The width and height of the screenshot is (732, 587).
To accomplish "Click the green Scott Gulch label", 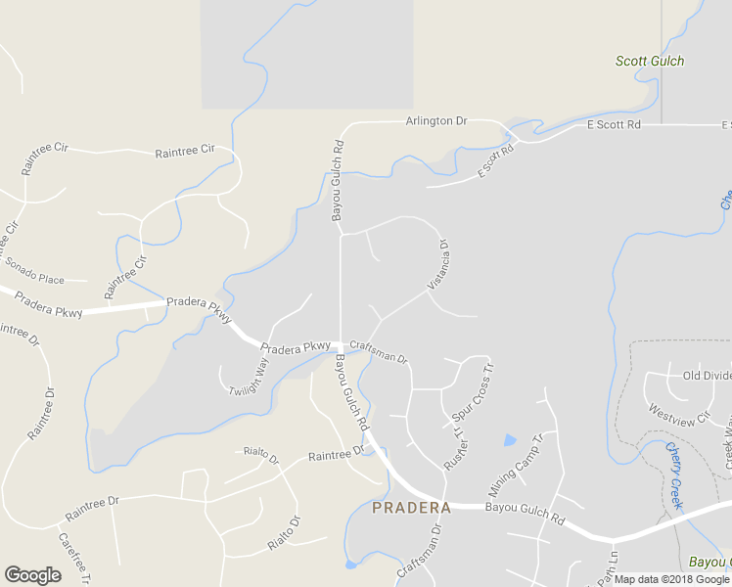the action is (x=649, y=61).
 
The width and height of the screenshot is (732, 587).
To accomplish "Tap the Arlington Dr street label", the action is (x=436, y=121).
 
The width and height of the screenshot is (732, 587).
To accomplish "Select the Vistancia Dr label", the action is (x=437, y=264).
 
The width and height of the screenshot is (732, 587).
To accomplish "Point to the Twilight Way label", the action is (x=249, y=377).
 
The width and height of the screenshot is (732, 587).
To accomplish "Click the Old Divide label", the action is (x=707, y=376).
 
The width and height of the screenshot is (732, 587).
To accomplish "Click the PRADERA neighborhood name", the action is (x=411, y=508).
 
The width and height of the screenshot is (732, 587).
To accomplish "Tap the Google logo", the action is (x=32, y=575).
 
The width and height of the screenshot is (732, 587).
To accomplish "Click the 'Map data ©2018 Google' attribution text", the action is (x=671, y=579).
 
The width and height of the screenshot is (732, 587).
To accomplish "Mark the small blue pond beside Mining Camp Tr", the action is (x=509, y=440).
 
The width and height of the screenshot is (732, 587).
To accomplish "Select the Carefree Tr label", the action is (x=73, y=558).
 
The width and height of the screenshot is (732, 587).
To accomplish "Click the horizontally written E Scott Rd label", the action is (x=613, y=125).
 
